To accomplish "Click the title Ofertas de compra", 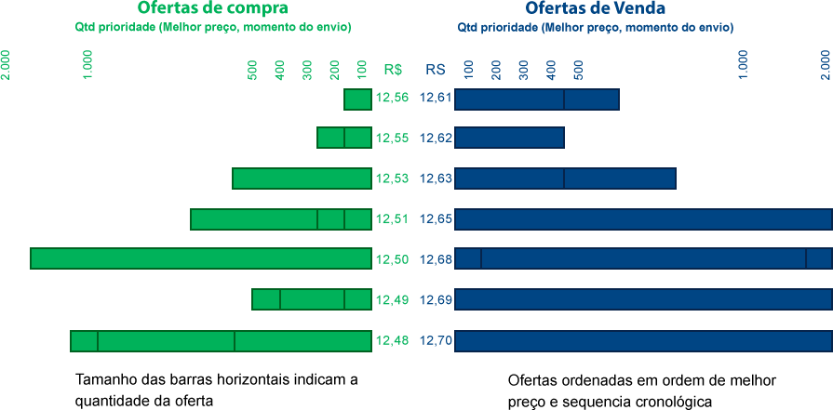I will pos(212,8).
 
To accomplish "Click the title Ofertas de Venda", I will pos(595,8).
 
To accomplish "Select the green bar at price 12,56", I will pos(357,99).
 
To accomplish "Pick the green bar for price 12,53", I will pos(302,179).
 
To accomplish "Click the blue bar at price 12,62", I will pos(509,138).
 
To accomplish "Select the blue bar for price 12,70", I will pos(642,341).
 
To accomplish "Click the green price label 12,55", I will pos(392,138).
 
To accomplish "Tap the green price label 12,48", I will pos(392,340).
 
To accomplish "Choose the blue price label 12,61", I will pos(436,98).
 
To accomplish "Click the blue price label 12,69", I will pos(436,299).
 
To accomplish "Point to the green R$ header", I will pos(393,69).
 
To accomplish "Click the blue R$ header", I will pos(435,69).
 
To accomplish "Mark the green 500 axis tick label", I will pos(252,70).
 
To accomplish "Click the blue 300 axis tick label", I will pos(524,70).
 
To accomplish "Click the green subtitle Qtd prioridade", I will pos(213,27).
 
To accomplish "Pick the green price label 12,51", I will pos(392,218).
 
